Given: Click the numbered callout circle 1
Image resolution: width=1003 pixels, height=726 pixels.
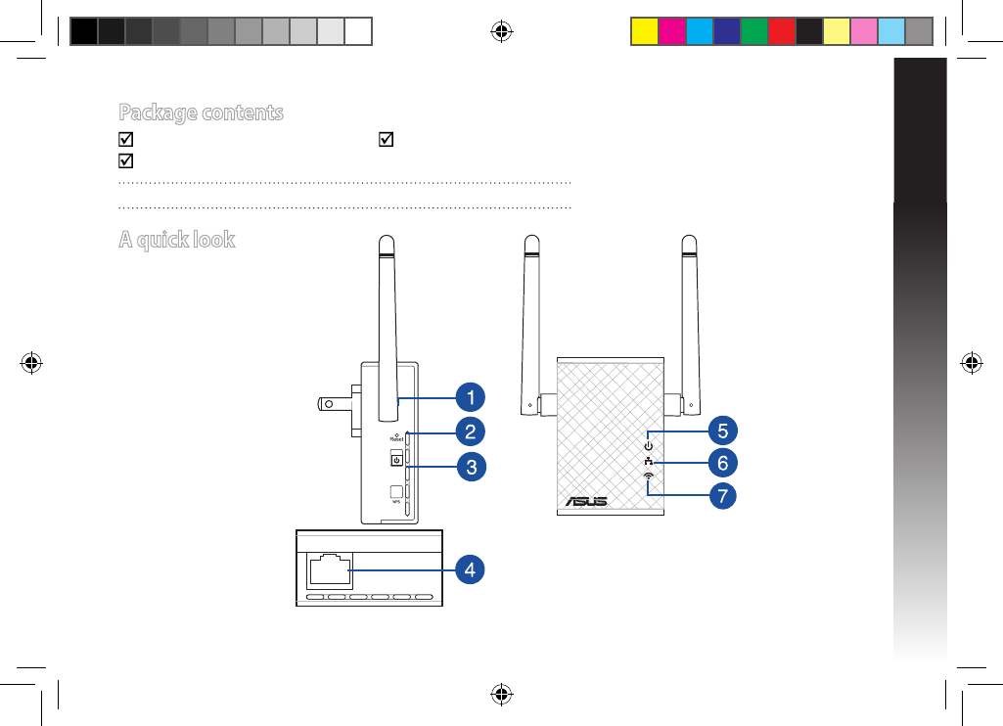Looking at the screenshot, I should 471,397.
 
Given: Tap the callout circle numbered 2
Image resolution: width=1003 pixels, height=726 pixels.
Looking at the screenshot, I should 471,431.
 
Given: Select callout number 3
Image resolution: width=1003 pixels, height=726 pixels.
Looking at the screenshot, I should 471,467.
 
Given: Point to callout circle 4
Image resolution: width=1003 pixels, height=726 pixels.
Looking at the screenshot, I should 471,568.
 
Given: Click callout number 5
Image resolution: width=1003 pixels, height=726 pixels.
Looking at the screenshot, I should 722,430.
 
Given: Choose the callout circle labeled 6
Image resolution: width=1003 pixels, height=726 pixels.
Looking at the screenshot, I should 722,462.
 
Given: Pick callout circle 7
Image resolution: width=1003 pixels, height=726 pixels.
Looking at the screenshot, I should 722,495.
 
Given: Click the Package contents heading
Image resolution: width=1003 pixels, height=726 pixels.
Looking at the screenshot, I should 201,113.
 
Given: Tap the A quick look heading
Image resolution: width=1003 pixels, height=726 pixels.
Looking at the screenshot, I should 176,239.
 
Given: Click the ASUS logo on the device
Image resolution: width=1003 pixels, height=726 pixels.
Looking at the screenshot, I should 584,501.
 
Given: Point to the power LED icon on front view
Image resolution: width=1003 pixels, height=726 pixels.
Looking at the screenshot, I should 648,446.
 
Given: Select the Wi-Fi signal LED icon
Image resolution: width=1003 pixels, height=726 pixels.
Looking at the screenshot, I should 648,476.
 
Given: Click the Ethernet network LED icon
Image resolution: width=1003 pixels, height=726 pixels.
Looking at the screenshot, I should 648,462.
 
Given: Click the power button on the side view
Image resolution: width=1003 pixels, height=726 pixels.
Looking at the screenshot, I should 396,460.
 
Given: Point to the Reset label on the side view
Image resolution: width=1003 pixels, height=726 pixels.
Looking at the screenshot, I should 395,439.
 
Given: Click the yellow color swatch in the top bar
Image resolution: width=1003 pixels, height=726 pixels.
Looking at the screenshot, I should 643,31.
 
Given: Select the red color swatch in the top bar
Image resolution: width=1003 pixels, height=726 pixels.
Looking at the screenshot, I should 780,31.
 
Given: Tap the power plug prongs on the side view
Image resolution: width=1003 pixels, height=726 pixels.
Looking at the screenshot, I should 333,402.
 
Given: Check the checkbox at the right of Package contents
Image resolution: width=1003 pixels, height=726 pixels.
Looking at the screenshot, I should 385,140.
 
